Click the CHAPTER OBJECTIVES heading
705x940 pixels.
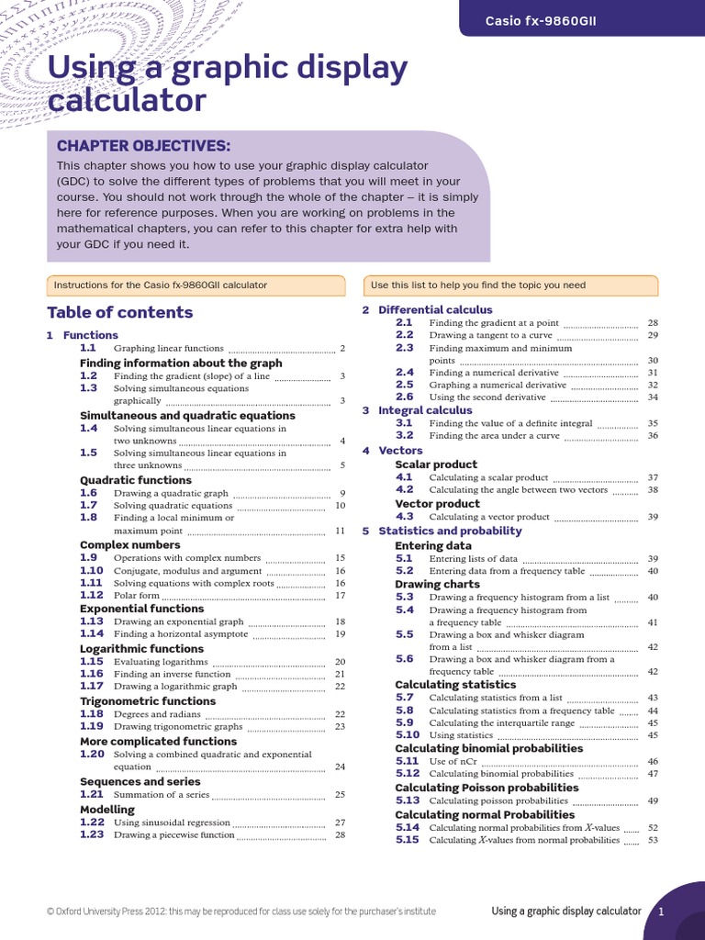pyautogui.click(x=143, y=146)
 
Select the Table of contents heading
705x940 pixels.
pyautogui.click(x=119, y=312)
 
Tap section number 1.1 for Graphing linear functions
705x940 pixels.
pyautogui.click(x=88, y=348)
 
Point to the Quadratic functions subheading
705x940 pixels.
pyautogui.click(x=136, y=480)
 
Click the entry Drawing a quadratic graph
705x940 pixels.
pyautogui.click(x=171, y=493)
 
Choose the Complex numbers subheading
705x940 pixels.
pyautogui.click(x=129, y=544)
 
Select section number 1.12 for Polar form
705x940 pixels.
pyautogui.click(x=91, y=595)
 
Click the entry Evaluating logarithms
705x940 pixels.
pyautogui.click(x=161, y=661)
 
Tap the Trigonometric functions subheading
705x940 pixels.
pyautogui.click(x=148, y=701)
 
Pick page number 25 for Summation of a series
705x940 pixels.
pyautogui.click(x=340, y=794)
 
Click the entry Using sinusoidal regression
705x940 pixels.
pyautogui.click(x=171, y=822)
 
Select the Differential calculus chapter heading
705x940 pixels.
pyautogui.click(x=435, y=310)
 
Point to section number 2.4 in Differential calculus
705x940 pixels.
pyautogui.click(x=405, y=373)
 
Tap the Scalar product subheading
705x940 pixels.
pyautogui.click(x=437, y=464)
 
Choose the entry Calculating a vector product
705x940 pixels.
pyautogui.click(x=488, y=517)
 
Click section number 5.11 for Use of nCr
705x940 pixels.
pyautogui.click(x=407, y=761)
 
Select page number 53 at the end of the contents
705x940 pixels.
pyautogui.click(x=653, y=840)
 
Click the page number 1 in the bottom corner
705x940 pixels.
pyautogui.click(x=660, y=911)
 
